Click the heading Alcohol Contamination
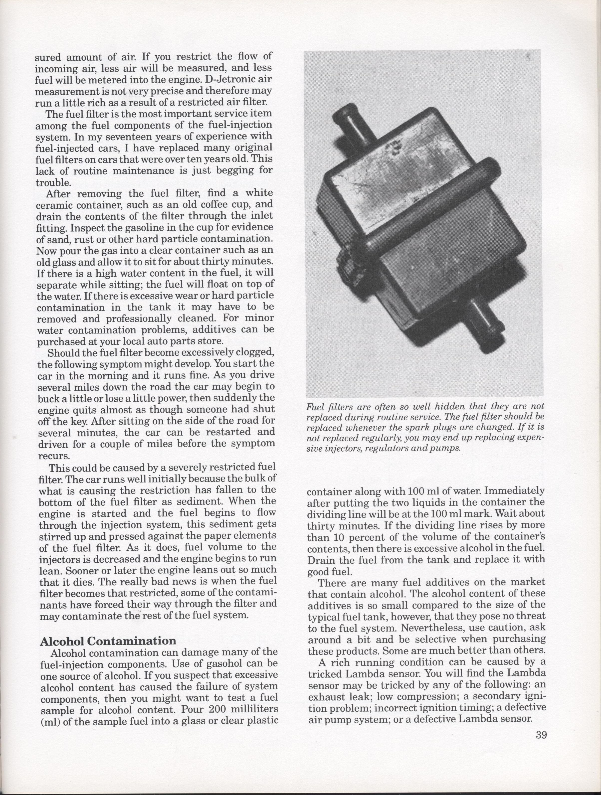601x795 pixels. [x=108, y=641]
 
